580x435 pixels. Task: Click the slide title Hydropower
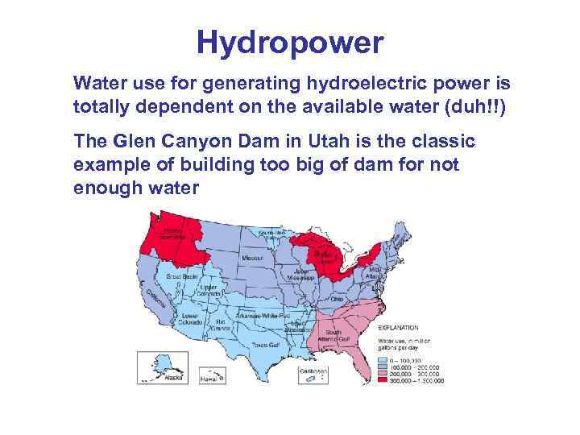pyautogui.click(x=290, y=43)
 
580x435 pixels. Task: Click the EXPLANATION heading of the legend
pyautogui.click(x=399, y=328)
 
